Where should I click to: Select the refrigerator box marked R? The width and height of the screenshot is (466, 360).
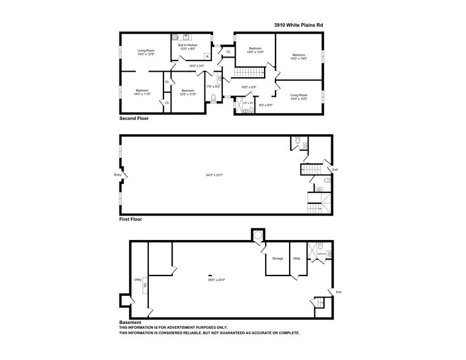click(207, 56)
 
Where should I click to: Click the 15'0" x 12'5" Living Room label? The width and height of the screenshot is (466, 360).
click(146, 52)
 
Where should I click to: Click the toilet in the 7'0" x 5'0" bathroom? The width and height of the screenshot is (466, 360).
click(214, 98)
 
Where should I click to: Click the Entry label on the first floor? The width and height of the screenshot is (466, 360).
click(118, 175)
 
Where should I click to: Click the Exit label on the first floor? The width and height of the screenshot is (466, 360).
click(334, 169)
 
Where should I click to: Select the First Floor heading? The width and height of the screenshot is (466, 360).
click(130, 219)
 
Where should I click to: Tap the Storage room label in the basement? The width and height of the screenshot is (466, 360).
click(277, 258)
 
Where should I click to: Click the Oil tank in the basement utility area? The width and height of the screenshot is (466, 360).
click(145, 285)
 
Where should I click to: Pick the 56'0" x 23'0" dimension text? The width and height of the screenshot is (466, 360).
click(217, 280)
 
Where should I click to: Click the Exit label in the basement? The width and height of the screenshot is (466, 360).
click(339, 292)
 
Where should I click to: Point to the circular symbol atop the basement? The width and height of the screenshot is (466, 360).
click(257, 236)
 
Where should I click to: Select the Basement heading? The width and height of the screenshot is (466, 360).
click(130, 322)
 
